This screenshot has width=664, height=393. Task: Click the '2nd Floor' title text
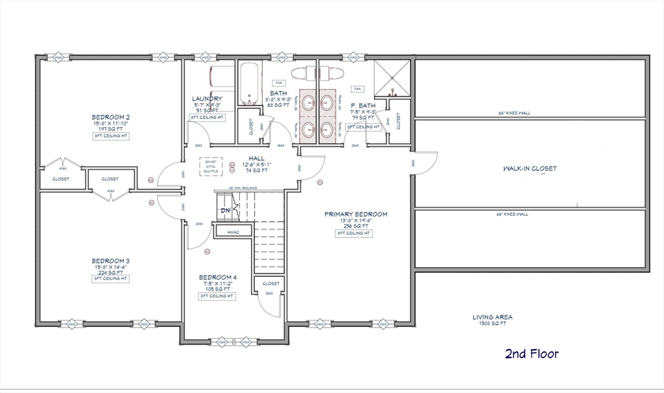(531, 353)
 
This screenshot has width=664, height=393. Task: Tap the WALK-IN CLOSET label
(530, 169)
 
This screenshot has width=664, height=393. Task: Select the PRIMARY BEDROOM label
(356, 214)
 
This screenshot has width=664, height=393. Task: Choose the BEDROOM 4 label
(217, 277)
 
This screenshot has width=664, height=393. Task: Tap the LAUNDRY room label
(207, 99)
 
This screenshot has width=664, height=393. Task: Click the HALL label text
(257, 158)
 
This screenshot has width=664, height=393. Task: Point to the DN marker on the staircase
(226, 211)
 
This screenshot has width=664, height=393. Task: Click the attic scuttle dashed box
(210, 167)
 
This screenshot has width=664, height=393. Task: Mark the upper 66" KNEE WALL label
(514, 113)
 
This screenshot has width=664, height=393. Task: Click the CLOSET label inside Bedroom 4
(271, 283)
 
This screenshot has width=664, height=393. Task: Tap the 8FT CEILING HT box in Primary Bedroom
(354, 233)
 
